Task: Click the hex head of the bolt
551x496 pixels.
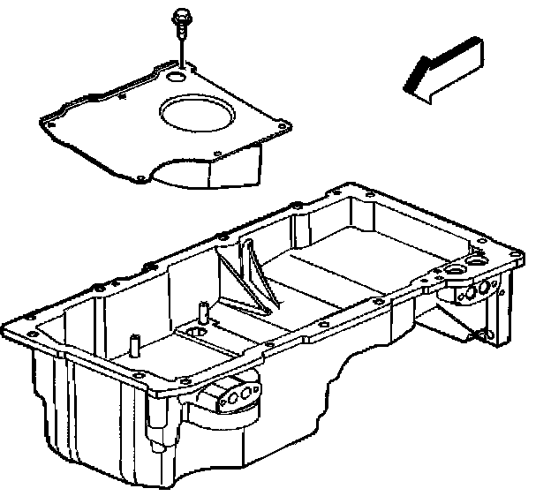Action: [x=180, y=15]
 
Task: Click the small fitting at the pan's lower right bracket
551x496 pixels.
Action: [x=481, y=334]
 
